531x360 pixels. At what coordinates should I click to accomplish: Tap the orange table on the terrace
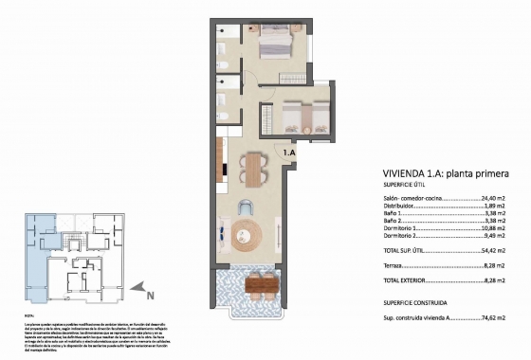pos(261,281)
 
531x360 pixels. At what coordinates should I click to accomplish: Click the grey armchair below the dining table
pos(246,208)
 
